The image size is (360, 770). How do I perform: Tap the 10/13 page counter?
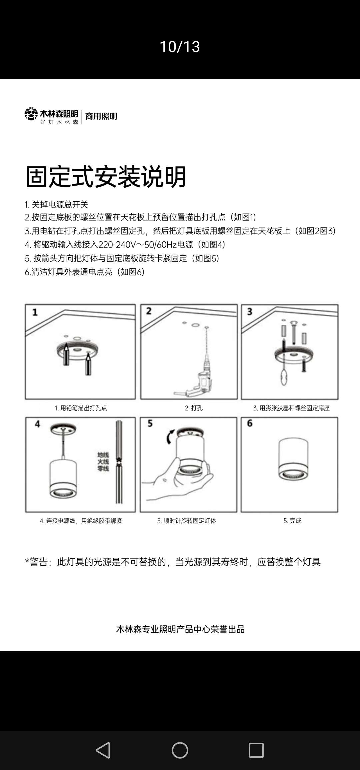(180, 47)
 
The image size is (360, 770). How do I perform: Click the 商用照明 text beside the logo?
(101, 116)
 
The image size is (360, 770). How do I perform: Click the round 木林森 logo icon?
(31, 114)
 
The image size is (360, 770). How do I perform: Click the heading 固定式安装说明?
(106, 177)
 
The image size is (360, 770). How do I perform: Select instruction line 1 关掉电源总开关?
(56, 204)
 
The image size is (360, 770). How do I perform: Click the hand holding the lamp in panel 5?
(177, 480)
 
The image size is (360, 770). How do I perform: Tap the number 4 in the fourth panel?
(37, 424)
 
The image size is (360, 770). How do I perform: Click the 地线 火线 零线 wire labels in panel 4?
(103, 462)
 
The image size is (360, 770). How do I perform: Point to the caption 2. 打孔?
(194, 408)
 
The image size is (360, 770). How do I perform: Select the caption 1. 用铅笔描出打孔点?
(81, 408)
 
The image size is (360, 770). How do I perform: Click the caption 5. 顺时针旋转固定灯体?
(187, 521)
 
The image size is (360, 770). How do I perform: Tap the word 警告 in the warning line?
(39, 562)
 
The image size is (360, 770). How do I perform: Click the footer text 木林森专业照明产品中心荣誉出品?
(180, 629)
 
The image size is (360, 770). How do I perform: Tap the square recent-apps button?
(256, 750)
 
